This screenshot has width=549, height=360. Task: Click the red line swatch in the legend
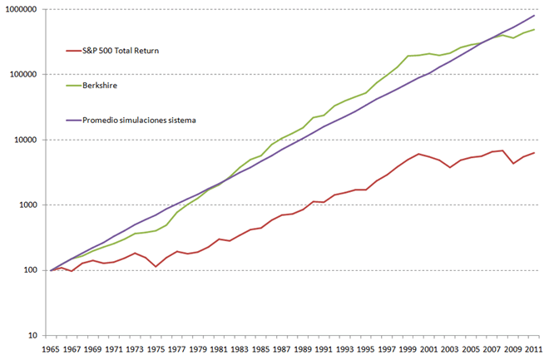(x=72, y=51)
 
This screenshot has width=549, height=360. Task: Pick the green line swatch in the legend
(x=72, y=85)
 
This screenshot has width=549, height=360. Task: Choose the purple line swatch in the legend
(x=72, y=120)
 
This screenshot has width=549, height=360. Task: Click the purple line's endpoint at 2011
(x=534, y=15)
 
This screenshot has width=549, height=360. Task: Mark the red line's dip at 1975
(x=156, y=267)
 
